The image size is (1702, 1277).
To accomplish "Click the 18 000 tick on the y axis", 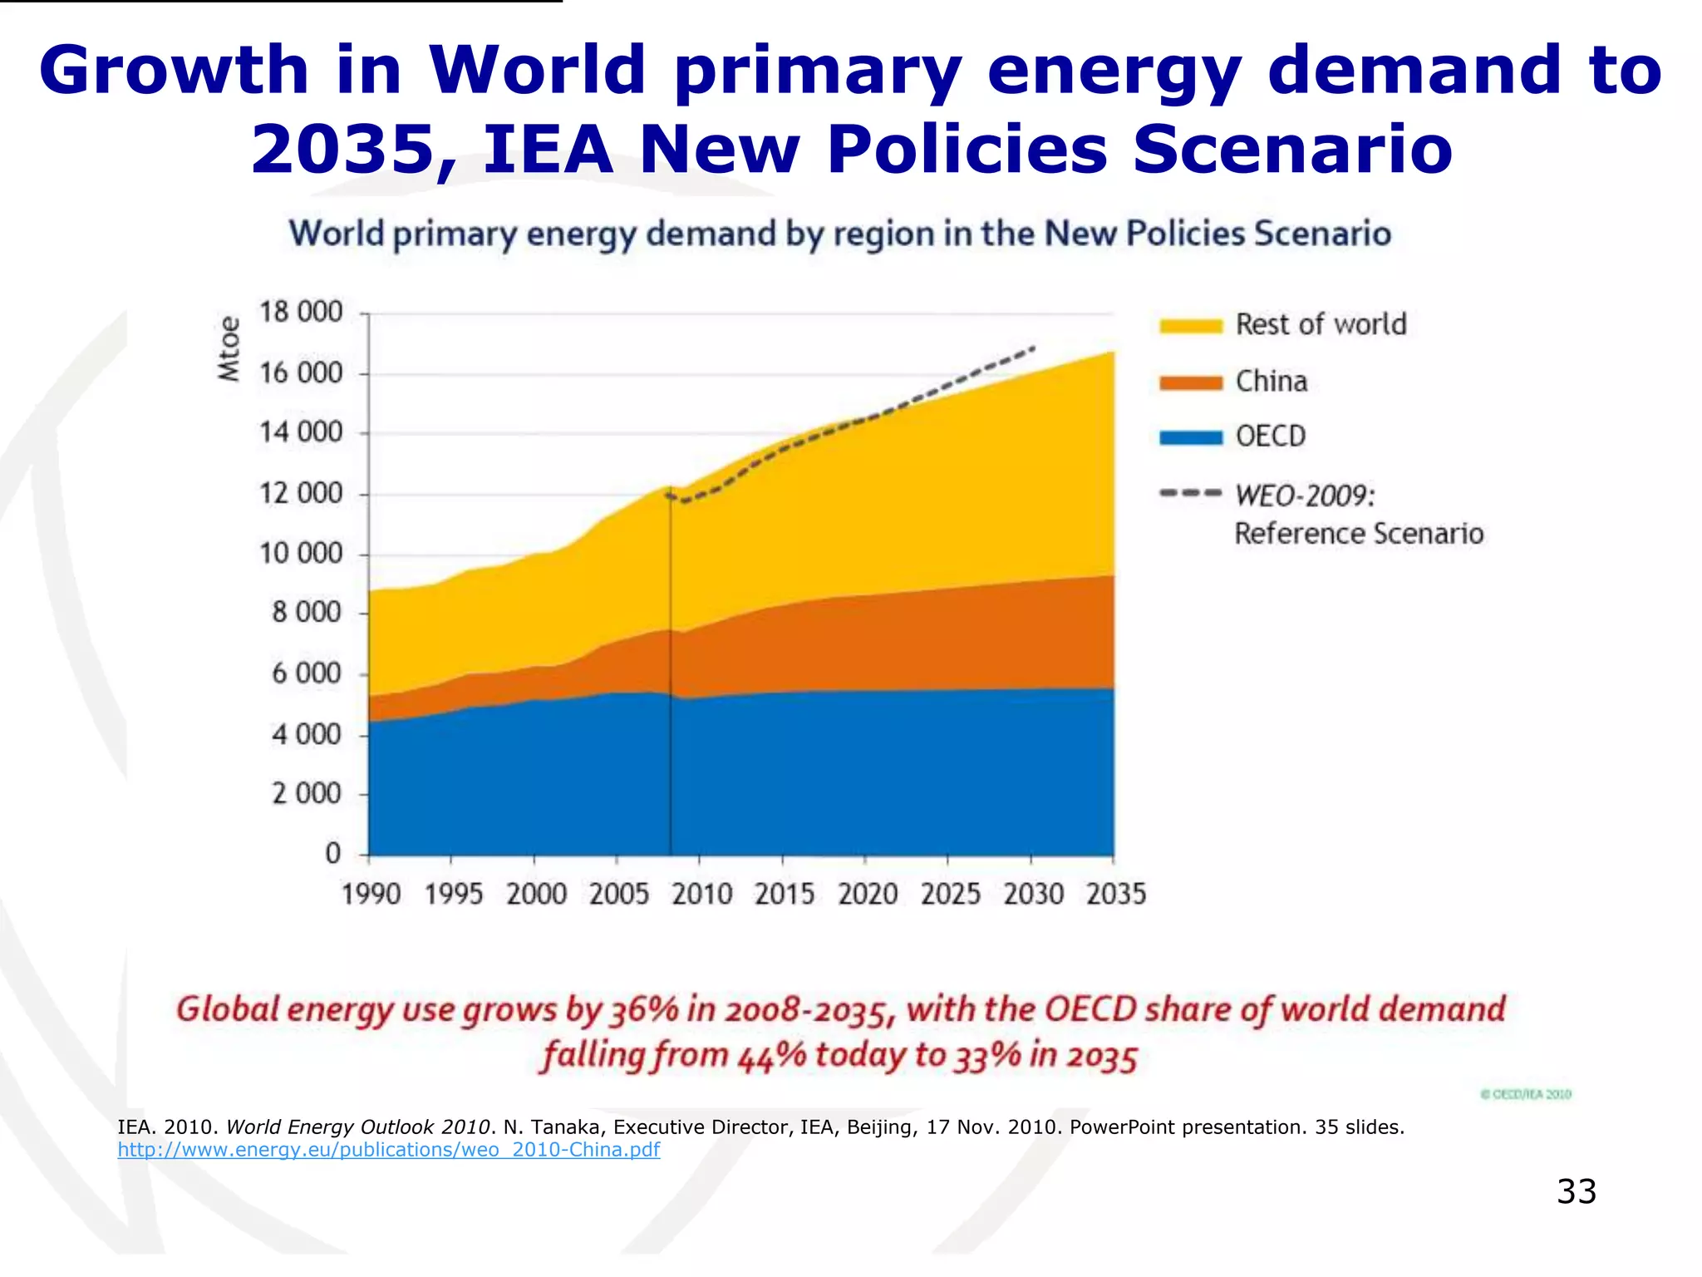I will pos(301,313).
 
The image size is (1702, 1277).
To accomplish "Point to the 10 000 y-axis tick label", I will pos(301,554).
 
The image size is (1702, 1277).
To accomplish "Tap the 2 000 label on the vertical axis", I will pos(307,794).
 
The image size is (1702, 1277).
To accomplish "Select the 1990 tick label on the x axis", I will pos(371,895).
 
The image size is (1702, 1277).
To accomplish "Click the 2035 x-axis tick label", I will pos(1116,895).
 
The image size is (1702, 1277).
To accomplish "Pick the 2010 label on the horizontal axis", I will pos(702,895).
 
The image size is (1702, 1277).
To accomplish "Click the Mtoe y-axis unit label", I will pos(229,349).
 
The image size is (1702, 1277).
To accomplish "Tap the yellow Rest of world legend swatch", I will pos(1191,326).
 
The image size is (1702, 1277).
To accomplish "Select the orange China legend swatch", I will pos(1191,382).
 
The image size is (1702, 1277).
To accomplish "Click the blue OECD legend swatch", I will pos(1191,438).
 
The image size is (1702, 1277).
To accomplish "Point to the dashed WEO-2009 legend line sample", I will pos(1191,494).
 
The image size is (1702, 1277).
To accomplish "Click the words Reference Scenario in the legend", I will pos(1359,534).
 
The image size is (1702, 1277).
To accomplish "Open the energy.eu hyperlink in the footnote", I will pos(388,1150).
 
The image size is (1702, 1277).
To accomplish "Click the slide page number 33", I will pos(1577,1191).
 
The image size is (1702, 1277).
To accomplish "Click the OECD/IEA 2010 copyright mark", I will pos(1526,1094).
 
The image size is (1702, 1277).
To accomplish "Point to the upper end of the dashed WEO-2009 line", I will pos(1033,348).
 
